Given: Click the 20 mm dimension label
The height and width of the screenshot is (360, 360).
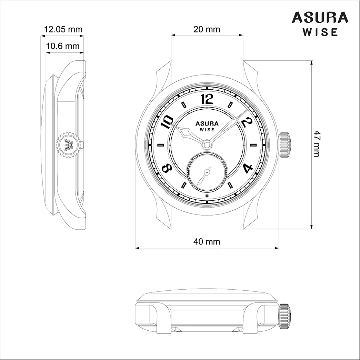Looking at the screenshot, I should tap(207, 29).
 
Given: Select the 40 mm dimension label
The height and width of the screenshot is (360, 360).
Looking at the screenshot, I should tap(207, 241).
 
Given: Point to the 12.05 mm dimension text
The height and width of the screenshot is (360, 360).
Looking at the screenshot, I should tap(63, 29).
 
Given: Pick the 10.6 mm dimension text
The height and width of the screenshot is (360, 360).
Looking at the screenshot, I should tap(63, 46).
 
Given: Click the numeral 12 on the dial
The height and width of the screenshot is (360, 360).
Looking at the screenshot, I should tap(207, 99).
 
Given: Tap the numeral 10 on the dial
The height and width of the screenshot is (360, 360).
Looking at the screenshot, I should tap(168, 121).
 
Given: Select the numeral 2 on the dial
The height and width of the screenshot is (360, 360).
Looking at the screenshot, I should tap(246, 122).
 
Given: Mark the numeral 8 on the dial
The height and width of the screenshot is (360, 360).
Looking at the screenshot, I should tap(167, 168).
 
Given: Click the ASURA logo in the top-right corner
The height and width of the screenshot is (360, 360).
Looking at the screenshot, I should tap(320, 18).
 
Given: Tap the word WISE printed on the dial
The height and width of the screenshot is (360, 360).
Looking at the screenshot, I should tap(207, 130).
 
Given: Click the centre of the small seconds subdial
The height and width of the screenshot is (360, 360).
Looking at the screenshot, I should tap(207, 171).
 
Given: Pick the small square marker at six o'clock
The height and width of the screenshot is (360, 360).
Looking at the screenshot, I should tap(207, 196).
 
